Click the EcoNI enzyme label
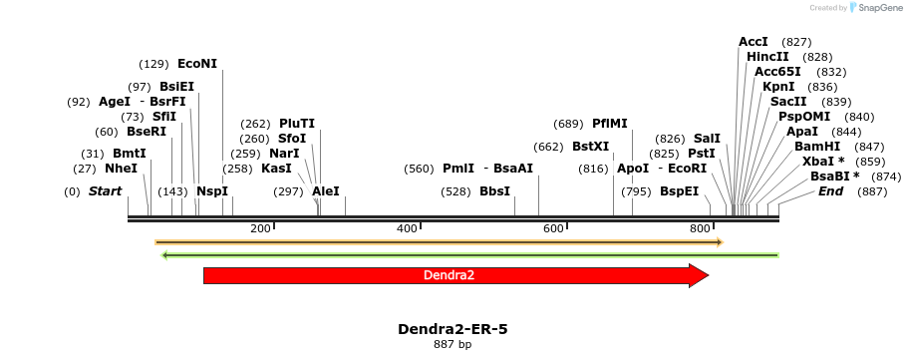point(197,64)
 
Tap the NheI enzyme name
point(121,169)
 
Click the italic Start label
point(105,191)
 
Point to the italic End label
point(830,191)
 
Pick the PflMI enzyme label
point(610,124)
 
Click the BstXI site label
point(590,147)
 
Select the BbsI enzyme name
point(494,191)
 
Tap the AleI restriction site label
point(326,191)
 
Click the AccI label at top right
point(754,42)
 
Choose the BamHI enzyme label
point(815,147)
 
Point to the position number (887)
point(872,191)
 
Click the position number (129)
point(153,64)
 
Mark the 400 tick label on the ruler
point(407,229)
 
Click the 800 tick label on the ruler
point(700,229)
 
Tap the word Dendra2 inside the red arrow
point(449,275)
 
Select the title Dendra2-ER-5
point(453,329)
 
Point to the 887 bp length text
point(453,345)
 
